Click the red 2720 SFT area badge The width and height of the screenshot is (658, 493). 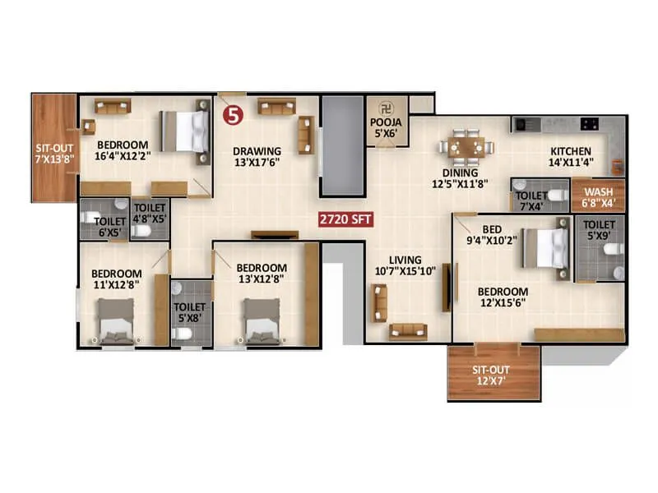(x=347, y=221)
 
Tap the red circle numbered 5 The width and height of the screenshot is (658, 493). (x=234, y=116)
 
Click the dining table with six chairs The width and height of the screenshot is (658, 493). (x=466, y=147)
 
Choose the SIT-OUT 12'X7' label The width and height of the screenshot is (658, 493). (x=493, y=376)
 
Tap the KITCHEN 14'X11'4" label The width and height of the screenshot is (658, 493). (x=571, y=156)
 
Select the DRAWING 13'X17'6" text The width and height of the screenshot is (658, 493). (x=257, y=156)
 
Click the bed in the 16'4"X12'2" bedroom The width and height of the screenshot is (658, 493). (x=184, y=129)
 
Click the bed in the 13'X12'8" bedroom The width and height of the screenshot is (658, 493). (x=262, y=320)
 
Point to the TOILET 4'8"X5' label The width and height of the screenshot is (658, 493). (x=150, y=214)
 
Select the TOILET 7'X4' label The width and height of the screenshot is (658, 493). (x=530, y=200)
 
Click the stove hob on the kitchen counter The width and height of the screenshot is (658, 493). (x=590, y=124)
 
